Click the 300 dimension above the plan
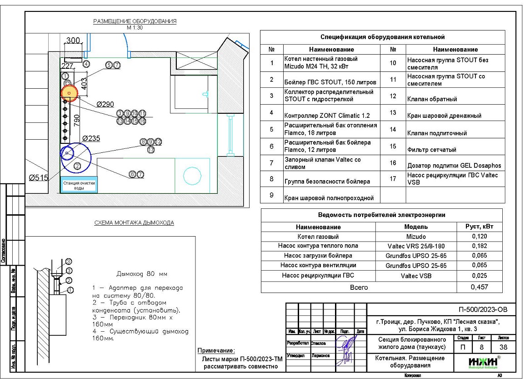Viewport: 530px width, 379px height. pos(73,41)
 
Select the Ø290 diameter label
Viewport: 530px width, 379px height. pos(105,104)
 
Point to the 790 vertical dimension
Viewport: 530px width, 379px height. pos(77,120)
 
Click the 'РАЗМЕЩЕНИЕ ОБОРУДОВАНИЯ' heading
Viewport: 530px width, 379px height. pos(135,21)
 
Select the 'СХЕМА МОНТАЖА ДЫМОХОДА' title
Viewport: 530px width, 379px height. pos(134,223)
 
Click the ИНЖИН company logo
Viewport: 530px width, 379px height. pos(482,362)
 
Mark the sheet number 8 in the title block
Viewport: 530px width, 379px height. pos(482,348)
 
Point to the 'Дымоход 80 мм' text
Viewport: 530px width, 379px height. pos(142,274)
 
